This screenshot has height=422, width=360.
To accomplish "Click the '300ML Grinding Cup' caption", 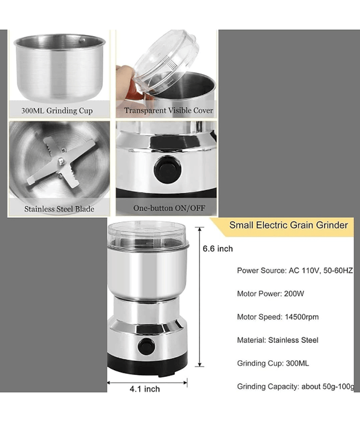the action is point(57,111).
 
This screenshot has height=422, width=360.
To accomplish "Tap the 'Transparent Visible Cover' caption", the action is point(169,110).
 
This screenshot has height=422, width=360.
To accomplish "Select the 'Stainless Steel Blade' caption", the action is point(59,209).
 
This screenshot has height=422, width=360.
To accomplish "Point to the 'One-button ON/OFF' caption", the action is point(169,208).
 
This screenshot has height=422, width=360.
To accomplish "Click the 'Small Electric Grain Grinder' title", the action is point(288,225).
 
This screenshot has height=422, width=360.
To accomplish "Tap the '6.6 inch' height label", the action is point(218,248).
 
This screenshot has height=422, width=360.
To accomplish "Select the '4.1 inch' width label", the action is point(144,389).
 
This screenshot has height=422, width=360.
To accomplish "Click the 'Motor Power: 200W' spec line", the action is point(270,294).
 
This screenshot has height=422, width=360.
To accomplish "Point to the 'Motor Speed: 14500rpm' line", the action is point(278,317).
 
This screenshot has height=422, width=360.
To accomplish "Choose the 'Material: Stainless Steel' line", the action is point(277,340).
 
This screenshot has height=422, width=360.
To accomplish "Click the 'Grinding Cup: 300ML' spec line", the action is point(273,363).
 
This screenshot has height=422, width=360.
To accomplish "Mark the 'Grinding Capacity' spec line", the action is point(296,387).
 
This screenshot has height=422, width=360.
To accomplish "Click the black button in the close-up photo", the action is point(168,170).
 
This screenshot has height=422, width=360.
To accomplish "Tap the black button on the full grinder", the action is point(146,347).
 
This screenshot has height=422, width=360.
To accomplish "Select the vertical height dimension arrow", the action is point(199,296).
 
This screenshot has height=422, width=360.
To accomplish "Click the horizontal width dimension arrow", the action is point(147,382).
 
